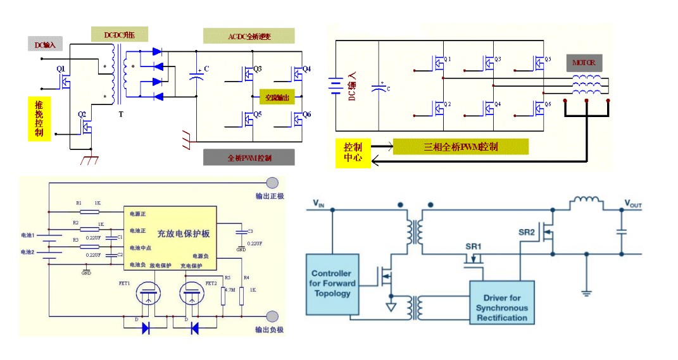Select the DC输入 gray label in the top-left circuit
[46, 44]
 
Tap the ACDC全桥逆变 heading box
[249, 36]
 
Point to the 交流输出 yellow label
[277, 97]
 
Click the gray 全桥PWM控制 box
[249, 158]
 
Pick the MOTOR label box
[584, 63]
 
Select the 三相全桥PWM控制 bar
[460, 147]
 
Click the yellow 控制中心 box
[353, 152]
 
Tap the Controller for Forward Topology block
[332, 283]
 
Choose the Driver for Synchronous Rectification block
[501, 307]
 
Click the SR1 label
[474, 245]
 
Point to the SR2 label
[527, 232]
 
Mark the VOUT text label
[633, 204]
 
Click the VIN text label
[318, 204]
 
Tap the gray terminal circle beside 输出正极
[272, 183]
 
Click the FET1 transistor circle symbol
[148, 294]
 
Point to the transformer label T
[120, 115]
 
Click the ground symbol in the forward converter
[586, 292]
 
